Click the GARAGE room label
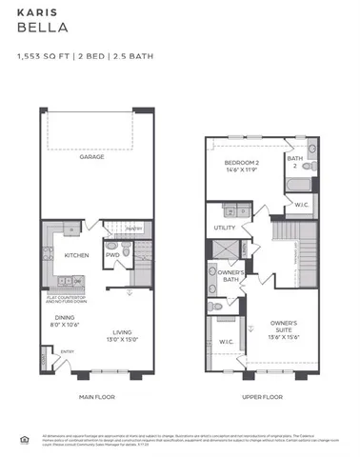(92, 157)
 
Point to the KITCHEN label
(77, 255)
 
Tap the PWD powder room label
(111, 255)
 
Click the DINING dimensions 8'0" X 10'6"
(64, 324)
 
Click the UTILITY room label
(225, 228)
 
